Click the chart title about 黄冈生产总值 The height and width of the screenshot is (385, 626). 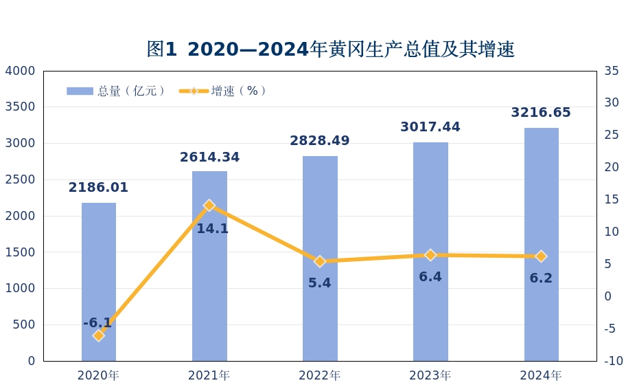[330, 49]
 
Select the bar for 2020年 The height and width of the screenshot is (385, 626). [99, 281]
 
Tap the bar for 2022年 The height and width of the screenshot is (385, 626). [320, 258]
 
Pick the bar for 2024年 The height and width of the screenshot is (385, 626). [541, 244]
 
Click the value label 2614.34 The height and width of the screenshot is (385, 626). [209, 157]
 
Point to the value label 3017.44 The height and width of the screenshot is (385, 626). [430, 127]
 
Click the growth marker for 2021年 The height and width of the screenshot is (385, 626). [209, 206]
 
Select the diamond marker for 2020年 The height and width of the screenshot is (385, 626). [99, 335]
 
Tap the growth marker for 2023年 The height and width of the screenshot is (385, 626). [430, 255]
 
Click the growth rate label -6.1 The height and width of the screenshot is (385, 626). [97, 323]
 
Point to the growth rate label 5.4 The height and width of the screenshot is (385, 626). [320, 283]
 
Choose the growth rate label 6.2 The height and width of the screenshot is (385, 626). [541, 278]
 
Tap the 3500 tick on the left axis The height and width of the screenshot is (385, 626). [20, 107]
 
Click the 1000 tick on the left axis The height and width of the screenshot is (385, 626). [20, 289]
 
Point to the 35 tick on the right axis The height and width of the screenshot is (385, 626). [612, 71]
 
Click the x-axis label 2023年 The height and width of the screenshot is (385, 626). [430, 375]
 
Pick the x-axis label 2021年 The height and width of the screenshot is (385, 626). [209, 375]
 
